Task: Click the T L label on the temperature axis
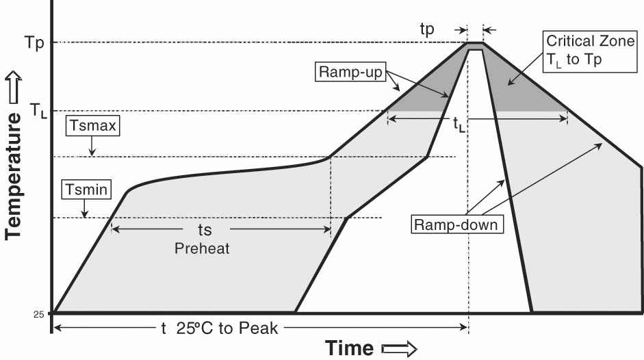[38, 110]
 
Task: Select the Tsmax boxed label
[92, 125]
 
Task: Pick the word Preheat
[202, 248]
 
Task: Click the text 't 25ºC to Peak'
[219, 329]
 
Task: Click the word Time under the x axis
[349, 347]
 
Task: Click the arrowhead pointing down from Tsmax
[92, 153]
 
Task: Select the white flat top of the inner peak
[476, 49]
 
